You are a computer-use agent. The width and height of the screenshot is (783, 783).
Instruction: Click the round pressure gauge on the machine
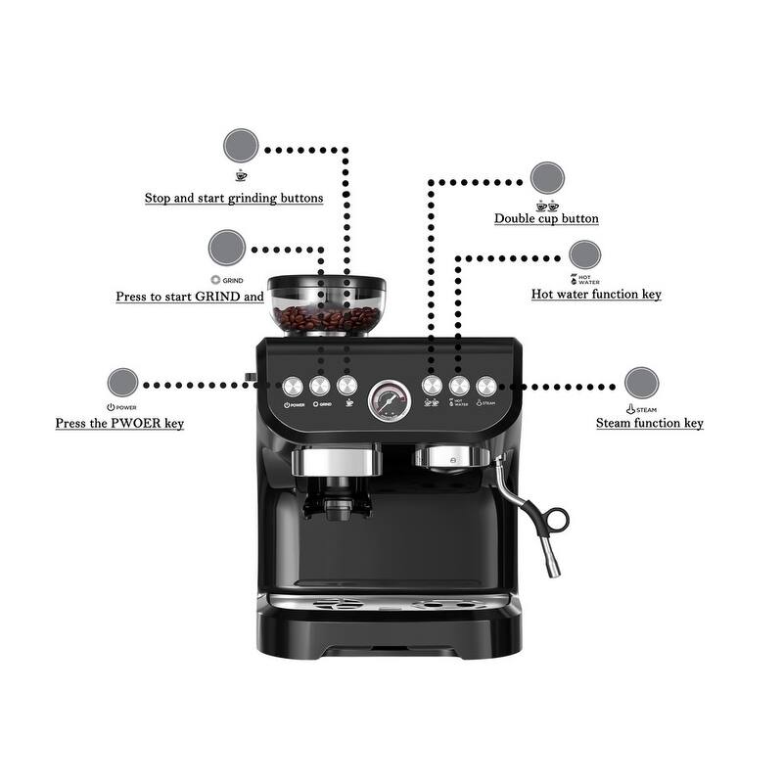coord(390,398)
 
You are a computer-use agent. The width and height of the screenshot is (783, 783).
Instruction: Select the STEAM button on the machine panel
coord(485,386)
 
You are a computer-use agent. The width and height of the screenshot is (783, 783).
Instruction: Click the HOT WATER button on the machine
coord(458,386)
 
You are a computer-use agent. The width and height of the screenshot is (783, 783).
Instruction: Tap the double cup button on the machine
coord(431,386)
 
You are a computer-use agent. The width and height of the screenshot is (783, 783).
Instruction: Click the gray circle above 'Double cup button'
coord(547,178)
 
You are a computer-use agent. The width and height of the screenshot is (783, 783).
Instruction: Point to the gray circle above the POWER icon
coord(122,383)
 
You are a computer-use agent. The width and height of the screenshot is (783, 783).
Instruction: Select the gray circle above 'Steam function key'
coord(641,383)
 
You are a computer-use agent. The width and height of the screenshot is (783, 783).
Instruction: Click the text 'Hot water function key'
coord(596,294)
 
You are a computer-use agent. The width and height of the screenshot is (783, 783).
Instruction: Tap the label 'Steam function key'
coord(650,424)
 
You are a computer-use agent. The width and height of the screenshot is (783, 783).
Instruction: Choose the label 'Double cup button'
coord(546,219)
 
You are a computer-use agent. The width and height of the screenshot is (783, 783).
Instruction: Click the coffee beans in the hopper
coord(326,318)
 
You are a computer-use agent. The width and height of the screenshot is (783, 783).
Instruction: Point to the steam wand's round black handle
coord(558,517)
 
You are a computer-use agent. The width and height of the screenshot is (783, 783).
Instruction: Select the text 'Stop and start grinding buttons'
coord(234,198)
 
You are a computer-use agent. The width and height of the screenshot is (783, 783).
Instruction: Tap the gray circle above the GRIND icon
coord(226,247)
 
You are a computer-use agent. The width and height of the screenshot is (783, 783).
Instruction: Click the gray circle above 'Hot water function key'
coord(585,255)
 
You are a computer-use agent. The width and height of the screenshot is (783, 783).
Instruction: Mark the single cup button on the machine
coord(345,386)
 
